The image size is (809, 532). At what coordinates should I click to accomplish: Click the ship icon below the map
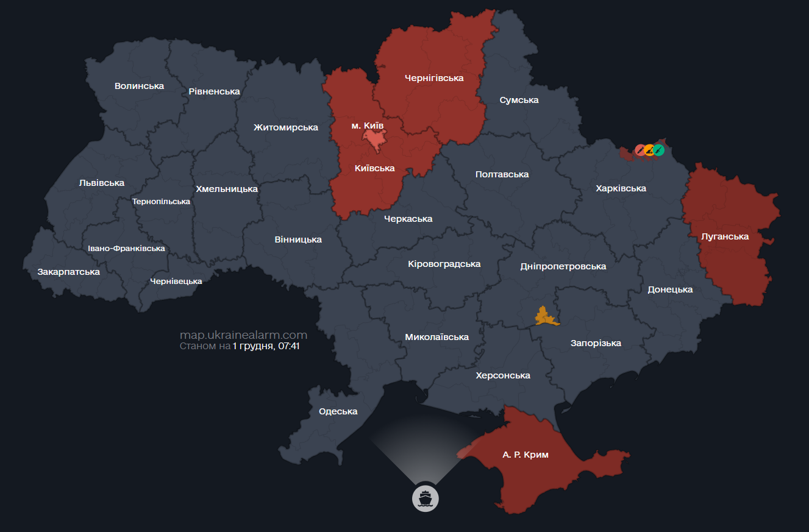tap(425, 498)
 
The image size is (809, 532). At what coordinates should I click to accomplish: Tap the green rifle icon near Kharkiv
tap(659, 149)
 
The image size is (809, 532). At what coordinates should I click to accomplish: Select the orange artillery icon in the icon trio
tap(649, 149)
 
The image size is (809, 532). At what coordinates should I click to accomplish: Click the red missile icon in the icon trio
tap(640, 149)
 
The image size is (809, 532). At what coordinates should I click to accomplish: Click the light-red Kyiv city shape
tap(372, 140)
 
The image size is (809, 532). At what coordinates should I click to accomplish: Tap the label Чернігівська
tap(434, 78)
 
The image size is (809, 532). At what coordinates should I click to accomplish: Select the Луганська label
tap(725, 236)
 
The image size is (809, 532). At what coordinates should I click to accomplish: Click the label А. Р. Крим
tap(526, 455)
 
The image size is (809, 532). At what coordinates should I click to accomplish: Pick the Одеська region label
tap(338, 411)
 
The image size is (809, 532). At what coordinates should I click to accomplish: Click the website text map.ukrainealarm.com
tap(243, 335)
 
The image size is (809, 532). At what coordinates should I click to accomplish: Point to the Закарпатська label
tap(68, 272)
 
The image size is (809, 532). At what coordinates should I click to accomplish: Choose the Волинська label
tap(139, 86)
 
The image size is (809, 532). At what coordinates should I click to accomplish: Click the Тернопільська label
tap(161, 202)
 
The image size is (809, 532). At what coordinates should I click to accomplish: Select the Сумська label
tap(519, 100)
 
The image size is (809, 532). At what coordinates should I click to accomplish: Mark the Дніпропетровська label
tap(563, 266)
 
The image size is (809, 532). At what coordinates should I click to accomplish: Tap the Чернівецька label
tap(176, 281)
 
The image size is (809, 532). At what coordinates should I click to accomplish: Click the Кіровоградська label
tap(444, 264)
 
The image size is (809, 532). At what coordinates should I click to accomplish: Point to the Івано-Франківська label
tap(126, 249)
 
